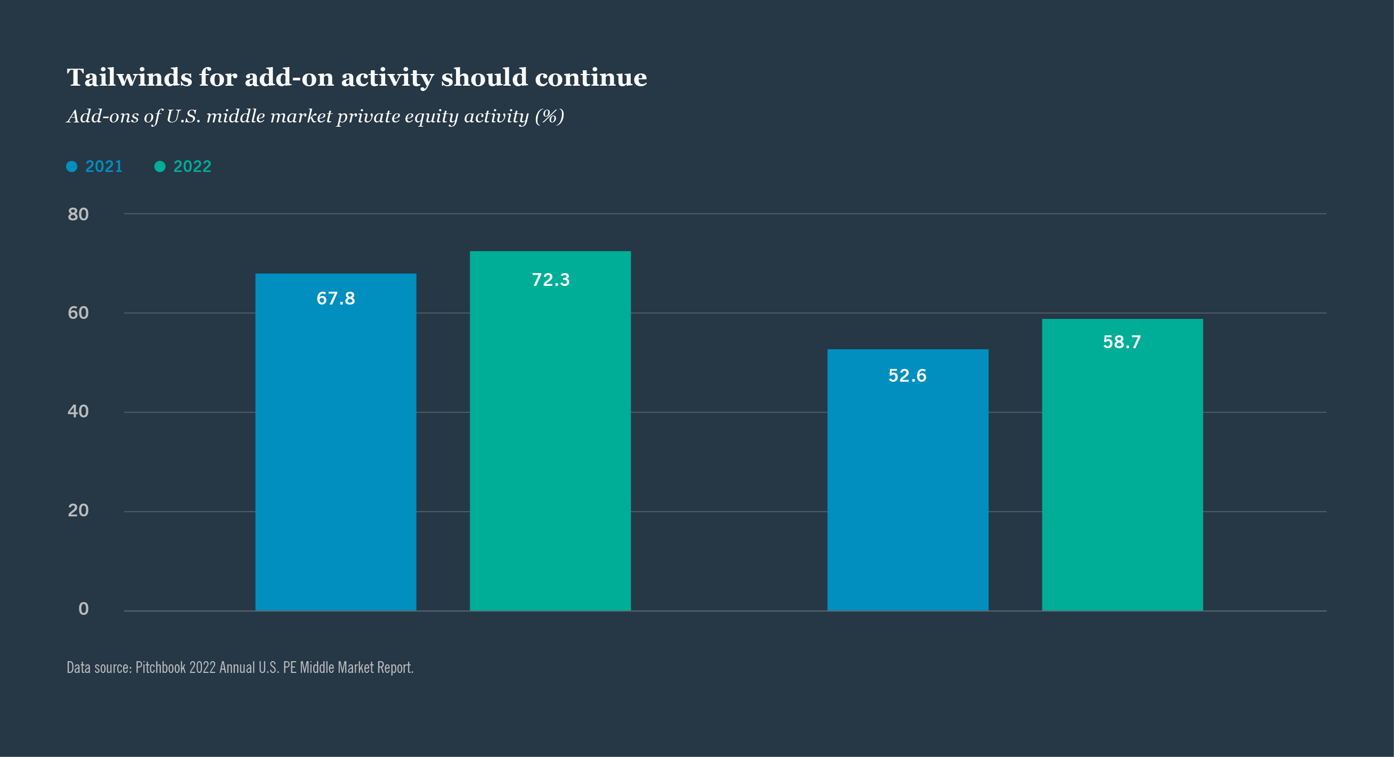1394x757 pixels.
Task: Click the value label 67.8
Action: click(336, 299)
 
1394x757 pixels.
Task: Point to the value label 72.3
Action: click(550, 280)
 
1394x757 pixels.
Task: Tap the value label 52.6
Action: click(907, 376)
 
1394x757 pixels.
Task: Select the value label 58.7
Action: click(1122, 342)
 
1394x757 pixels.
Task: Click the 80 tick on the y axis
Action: click(78, 215)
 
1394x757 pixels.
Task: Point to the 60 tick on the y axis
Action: click(78, 313)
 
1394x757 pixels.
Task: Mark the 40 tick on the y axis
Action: click(78, 412)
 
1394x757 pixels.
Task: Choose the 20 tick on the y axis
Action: click(78, 511)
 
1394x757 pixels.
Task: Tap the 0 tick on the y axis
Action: click(83, 610)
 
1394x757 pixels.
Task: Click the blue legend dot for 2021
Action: click(71, 167)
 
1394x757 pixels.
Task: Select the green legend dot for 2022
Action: click(160, 167)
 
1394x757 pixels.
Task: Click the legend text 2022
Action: click(192, 167)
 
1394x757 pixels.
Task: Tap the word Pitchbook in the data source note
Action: click(160, 668)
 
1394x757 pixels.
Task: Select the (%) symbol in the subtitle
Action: click(549, 116)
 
